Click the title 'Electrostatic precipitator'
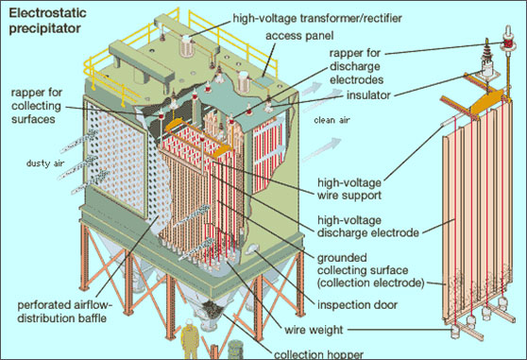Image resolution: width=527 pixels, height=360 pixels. coord(44,22)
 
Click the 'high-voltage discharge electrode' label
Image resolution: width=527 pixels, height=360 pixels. coord(354,228)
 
